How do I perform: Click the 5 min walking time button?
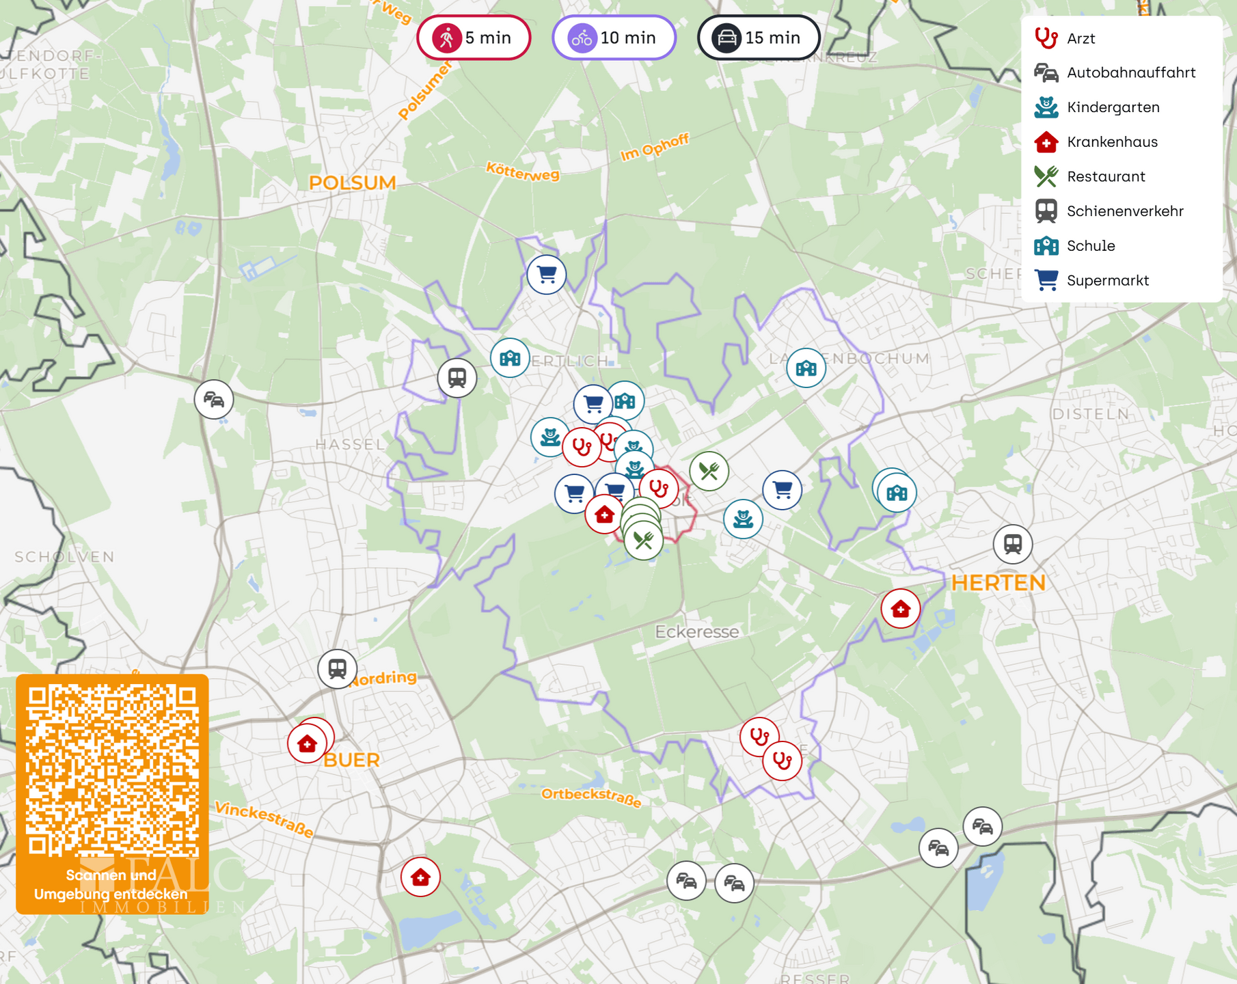pyautogui.click(x=474, y=38)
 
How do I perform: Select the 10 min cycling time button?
pyautogui.click(x=614, y=38)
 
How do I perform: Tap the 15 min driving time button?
pyautogui.click(x=759, y=38)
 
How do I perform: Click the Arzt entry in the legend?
pyautogui.click(x=1080, y=38)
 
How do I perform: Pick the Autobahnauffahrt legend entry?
pyautogui.click(x=1130, y=72)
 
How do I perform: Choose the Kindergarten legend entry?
pyautogui.click(x=1113, y=107)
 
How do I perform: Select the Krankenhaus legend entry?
pyautogui.click(x=1112, y=142)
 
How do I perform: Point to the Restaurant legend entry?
pyautogui.click(x=1105, y=176)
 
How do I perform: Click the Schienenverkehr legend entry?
pyautogui.click(x=1124, y=211)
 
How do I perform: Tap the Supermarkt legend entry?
pyautogui.click(x=1107, y=280)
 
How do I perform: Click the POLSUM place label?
pyautogui.click(x=352, y=183)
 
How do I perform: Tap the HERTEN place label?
pyautogui.click(x=998, y=583)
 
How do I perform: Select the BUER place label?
pyautogui.click(x=351, y=760)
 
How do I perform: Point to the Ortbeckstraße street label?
pyautogui.click(x=591, y=797)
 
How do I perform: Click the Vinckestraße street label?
pyautogui.click(x=264, y=819)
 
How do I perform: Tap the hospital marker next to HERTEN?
pyautogui.click(x=900, y=608)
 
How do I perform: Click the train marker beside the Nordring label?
pyautogui.click(x=337, y=668)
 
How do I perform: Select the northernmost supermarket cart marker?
pyautogui.click(x=546, y=275)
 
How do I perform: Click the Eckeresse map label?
pyautogui.click(x=696, y=631)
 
